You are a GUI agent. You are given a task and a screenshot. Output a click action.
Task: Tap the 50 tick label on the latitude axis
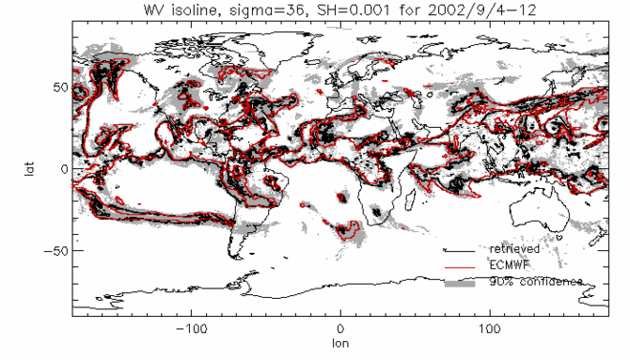coord(58,87)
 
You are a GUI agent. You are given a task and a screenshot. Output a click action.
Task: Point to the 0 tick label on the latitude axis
coord(63,168)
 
